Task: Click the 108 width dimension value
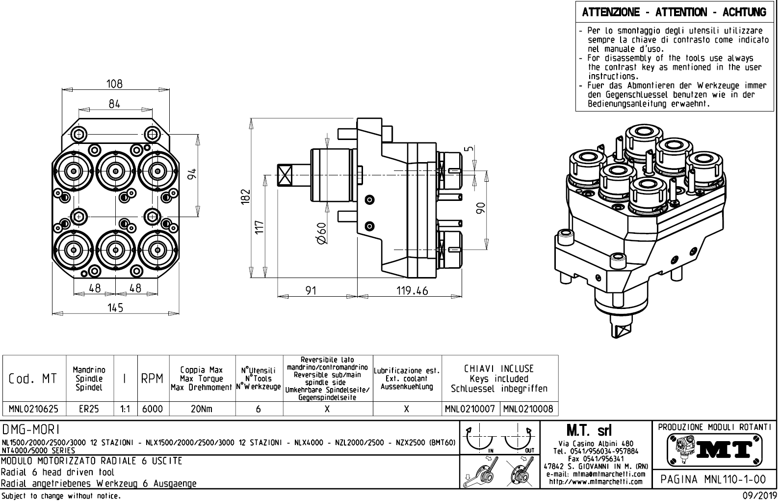coord(114,84)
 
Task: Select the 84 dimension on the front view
coord(114,104)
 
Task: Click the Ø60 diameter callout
coord(321,233)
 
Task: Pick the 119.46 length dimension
coord(412,291)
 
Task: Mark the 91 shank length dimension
coord(311,291)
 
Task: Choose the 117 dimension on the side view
coord(260,227)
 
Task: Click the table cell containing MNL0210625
coord(34,409)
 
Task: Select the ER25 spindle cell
coord(89,409)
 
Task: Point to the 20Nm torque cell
coord(202,409)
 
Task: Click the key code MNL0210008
coord(528,409)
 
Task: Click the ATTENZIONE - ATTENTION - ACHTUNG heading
coord(674,12)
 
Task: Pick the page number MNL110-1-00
coord(713,479)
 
